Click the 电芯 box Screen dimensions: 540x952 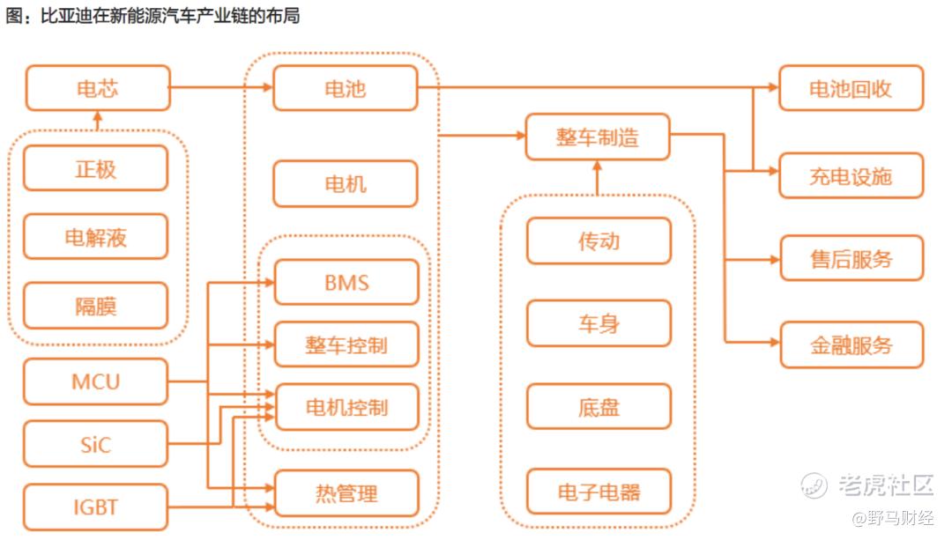(x=97, y=88)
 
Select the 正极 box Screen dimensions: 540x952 (x=95, y=168)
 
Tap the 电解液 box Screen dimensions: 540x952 (x=95, y=237)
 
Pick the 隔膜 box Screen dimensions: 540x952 (x=95, y=306)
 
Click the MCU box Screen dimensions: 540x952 (x=95, y=381)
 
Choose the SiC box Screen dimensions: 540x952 (x=95, y=444)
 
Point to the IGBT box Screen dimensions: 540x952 (x=95, y=507)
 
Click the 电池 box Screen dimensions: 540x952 (x=345, y=88)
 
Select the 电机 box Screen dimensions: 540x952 (x=345, y=184)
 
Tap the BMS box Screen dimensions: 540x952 (x=346, y=283)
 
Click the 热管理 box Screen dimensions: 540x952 (x=346, y=492)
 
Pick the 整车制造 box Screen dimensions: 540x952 (x=597, y=137)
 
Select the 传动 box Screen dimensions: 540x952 (x=599, y=240)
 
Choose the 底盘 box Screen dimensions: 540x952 (x=599, y=408)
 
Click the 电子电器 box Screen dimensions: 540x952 (x=599, y=492)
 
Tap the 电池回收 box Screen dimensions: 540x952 (x=851, y=88)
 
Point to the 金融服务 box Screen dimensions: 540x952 (x=851, y=344)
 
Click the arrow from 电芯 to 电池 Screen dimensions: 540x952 (x=220, y=88)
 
